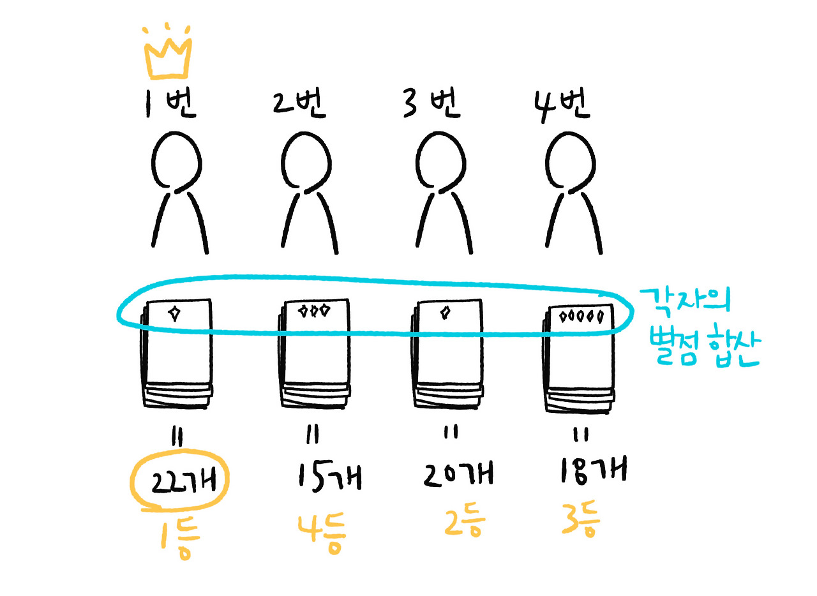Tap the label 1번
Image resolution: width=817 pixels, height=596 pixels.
[x=169, y=105]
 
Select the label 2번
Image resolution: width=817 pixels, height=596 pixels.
[x=299, y=105]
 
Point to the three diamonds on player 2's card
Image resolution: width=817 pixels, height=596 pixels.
[x=314, y=311]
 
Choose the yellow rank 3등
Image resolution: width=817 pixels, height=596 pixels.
[x=581, y=519]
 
